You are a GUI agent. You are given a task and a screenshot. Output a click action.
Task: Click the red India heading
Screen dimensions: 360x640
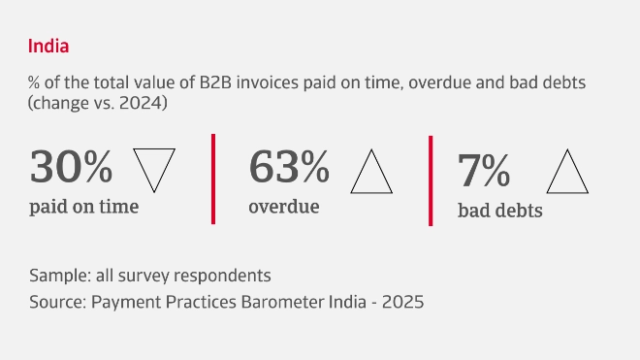coord(48,46)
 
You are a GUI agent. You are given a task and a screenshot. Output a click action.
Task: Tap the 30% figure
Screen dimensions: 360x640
coord(71,167)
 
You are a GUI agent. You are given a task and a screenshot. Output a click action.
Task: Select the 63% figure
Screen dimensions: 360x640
coord(289,167)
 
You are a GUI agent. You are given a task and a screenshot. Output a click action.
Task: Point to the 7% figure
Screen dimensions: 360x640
coord(483,170)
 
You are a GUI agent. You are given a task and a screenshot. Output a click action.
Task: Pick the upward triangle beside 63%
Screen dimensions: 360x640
coord(370,171)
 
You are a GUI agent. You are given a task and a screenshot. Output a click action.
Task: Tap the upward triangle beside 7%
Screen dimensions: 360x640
coord(568,173)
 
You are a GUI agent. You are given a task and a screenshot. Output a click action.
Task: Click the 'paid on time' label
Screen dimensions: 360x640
coord(84,206)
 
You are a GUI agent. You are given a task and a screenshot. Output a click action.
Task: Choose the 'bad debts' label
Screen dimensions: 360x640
coord(499,210)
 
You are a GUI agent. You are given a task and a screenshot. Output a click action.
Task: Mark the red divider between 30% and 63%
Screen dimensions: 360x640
coord(212,179)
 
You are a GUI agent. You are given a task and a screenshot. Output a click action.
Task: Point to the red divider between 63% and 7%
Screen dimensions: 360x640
coord(430,180)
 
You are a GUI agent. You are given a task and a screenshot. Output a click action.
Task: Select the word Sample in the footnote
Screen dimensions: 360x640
coord(57,275)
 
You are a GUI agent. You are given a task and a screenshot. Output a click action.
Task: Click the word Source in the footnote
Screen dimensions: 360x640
coord(56,301)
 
